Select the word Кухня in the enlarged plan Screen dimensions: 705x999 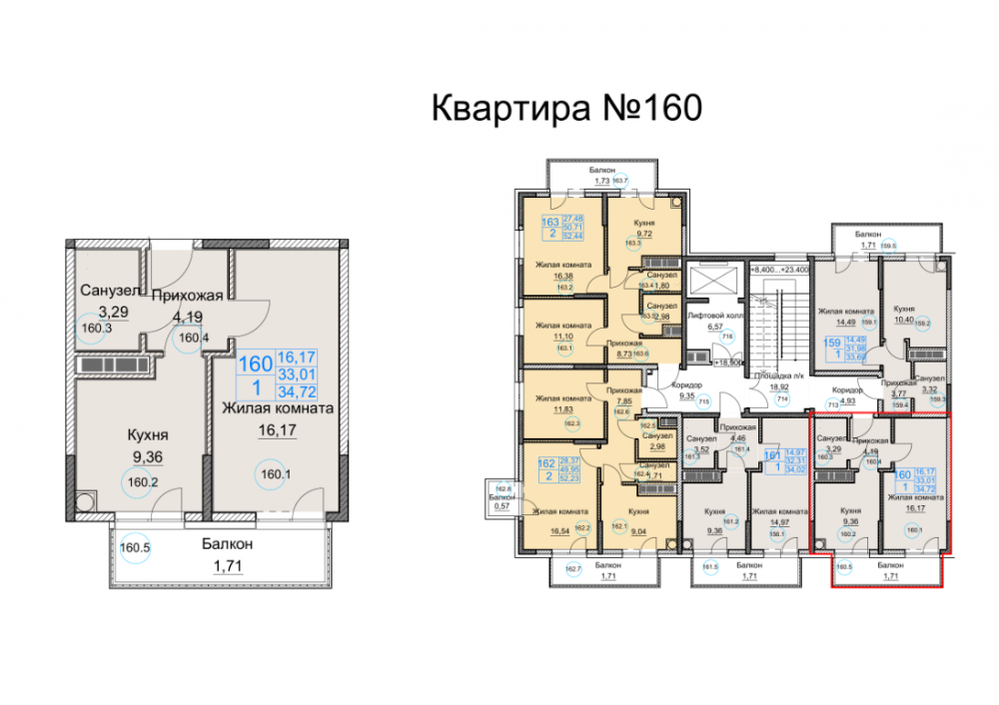146,435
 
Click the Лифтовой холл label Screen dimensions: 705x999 714,314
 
